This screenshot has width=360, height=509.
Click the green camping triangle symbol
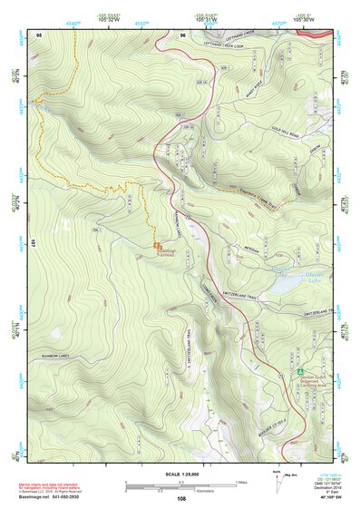(299, 370)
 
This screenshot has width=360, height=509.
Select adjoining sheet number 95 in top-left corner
(39, 34)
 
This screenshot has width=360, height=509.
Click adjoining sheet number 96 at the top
(183, 34)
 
